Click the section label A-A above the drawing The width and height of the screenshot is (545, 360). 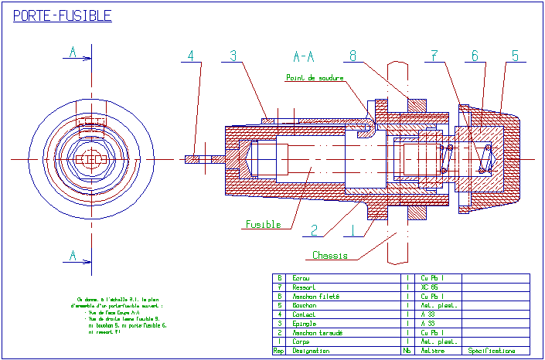(304, 56)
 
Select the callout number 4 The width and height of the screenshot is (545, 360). (191, 55)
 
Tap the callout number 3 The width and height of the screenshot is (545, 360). (233, 55)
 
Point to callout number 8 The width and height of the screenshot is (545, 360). (353, 55)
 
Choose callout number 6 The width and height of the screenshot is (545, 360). (475, 55)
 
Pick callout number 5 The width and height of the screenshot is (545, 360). (515, 55)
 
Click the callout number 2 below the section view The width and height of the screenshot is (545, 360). (315, 229)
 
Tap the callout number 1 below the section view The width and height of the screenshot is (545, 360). (353, 229)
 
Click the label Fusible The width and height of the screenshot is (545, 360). (264, 225)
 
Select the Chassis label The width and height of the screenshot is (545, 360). (330, 255)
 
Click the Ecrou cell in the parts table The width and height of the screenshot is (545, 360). (301, 277)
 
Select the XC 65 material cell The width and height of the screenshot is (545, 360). (430, 287)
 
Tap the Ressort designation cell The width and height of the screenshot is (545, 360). (304, 287)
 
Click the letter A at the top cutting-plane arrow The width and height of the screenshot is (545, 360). (73, 52)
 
